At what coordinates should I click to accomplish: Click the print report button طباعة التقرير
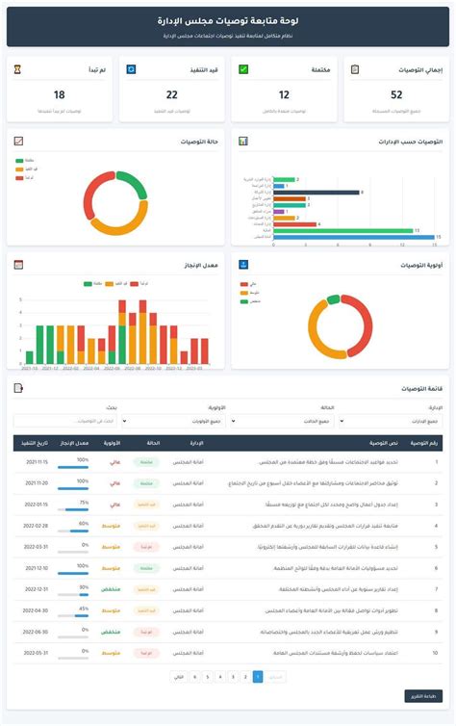(x=422, y=695)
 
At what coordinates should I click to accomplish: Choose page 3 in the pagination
(x=220, y=677)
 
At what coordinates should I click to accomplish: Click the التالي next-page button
(x=178, y=677)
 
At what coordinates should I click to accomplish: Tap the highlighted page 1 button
(x=257, y=677)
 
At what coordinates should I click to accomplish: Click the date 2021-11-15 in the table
(x=36, y=461)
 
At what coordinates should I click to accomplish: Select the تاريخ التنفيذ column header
(x=36, y=442)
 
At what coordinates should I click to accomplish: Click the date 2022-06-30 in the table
(x=36, y=632)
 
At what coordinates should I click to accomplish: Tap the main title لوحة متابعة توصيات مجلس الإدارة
(x=227, y=19)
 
